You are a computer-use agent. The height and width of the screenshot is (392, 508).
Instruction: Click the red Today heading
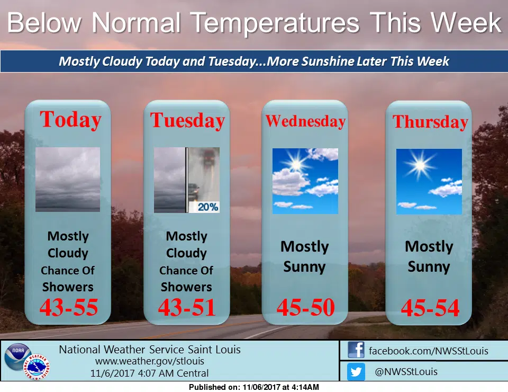point(70,120)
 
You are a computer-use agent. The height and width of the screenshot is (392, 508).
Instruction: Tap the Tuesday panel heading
point(187,121)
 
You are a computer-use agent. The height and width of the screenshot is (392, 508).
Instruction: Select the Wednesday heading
point(305,121)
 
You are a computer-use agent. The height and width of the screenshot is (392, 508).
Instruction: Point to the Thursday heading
point(430,122)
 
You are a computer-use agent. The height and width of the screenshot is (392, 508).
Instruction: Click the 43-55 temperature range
point(68,307)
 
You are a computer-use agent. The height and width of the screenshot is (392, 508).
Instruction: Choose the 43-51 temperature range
point(187,307)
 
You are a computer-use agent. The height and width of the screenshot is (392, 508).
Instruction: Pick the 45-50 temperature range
point(305,307)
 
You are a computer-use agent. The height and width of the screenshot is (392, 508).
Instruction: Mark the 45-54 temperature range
point(430,308)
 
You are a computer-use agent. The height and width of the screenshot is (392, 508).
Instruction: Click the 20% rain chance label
point(207,207)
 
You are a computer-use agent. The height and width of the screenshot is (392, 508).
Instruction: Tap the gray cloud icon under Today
point(68,180)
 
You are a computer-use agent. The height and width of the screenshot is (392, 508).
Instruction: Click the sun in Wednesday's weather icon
point(295,164)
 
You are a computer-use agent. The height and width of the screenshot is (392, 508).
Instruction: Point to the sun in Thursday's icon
point(420,165)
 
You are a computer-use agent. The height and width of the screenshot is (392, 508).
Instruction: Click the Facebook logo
point(356,350)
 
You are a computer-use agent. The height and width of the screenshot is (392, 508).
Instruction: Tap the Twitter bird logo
point(356,371)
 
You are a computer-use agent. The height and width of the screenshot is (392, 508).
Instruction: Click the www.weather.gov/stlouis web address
point(150,361)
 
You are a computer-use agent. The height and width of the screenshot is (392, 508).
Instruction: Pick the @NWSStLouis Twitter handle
point(406,371)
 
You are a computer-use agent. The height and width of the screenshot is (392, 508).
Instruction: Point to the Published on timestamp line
point(253,387)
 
